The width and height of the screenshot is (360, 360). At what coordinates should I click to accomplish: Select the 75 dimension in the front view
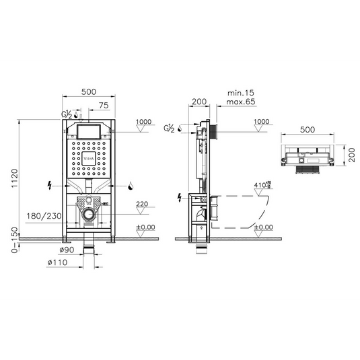[x=104, y=106]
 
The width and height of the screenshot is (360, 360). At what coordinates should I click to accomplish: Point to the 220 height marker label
[x=141, y=205]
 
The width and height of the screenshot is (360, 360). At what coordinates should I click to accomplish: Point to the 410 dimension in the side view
[x=260, y=184]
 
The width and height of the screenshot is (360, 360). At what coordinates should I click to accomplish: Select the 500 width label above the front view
[x=88, y=92]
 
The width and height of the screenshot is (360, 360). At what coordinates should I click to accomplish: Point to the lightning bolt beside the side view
[x=179, y=197]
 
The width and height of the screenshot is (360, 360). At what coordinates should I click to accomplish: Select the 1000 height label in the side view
[x=261, y=122]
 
